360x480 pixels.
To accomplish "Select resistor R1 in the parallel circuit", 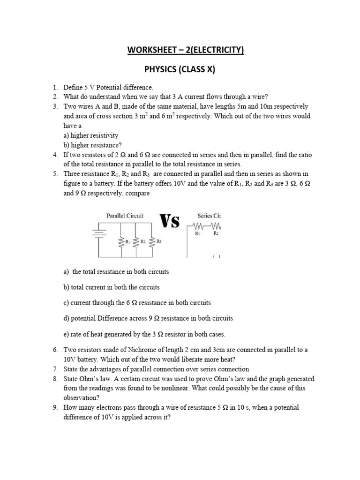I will coord(121,242).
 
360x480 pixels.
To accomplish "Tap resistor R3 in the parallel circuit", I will coord(152,242).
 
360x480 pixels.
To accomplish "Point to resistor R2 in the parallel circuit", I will coord(136,242).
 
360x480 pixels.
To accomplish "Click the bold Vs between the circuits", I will coord(170,221).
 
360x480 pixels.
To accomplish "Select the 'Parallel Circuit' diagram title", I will coord(125,216).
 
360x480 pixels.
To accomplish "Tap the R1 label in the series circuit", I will coord(197,233).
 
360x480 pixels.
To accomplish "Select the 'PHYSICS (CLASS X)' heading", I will coord(180,70).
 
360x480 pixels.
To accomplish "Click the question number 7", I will coord(55,369).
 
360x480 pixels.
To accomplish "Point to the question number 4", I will coord(55,155).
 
